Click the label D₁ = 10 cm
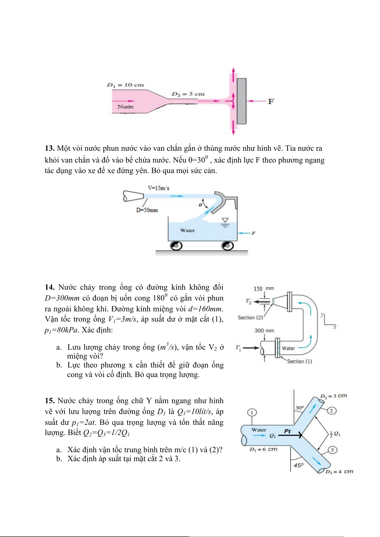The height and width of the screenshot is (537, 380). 125,85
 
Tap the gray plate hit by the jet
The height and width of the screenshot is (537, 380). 242,101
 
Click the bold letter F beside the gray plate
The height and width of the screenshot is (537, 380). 271,101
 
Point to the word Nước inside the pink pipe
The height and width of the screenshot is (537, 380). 125,107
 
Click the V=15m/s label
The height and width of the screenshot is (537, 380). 159,188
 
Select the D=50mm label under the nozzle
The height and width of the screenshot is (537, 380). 147,210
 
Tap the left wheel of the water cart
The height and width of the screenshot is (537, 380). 176,246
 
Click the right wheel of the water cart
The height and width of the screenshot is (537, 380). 227,246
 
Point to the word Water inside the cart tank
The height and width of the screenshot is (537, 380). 187,230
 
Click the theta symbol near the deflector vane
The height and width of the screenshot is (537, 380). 200,205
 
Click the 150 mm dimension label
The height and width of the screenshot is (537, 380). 264,289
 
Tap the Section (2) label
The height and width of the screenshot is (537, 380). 250,318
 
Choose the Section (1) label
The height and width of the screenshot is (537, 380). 299,361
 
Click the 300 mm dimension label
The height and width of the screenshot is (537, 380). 264,331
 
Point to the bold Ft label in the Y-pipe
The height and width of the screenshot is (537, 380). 287,432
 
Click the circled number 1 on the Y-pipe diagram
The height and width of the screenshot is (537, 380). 252,413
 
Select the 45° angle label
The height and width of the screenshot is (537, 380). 298,465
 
